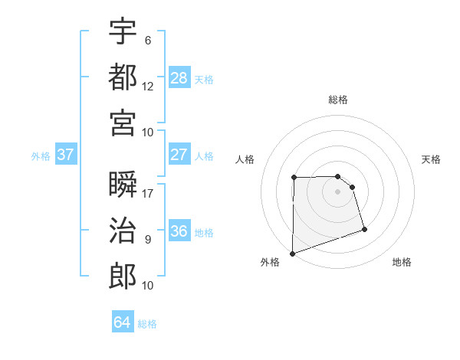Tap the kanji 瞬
(x=123, y=185)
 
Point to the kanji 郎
(x=123, y=275)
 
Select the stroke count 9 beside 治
(x=148, y=240)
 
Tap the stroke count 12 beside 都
(x=148, y=86)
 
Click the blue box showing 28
(x=179, y=77)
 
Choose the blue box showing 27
(x=179, y=155)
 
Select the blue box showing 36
(x=179, y=231)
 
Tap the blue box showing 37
(x=66, y=155)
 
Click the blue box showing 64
(x=123, y=322)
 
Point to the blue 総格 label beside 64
(x=147, y=324)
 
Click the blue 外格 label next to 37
(x=41, y=156)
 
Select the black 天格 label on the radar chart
(x=431, y=159)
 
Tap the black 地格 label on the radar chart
(x=402, y=262)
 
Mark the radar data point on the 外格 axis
(x=292, y=253)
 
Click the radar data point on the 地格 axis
(x=364, y=229)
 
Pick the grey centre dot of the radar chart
(x=337, y=191)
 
